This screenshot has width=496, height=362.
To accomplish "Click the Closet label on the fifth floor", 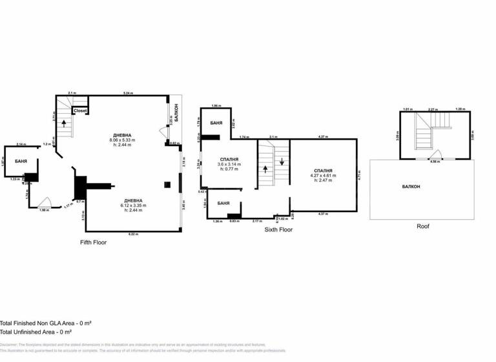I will (80, 111).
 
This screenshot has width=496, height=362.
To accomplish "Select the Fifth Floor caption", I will (93, 242).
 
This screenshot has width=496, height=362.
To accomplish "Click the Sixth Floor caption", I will (278, 229).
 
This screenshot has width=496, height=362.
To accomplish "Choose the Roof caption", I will (423, 226).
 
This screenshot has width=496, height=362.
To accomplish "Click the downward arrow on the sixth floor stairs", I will (282, 162).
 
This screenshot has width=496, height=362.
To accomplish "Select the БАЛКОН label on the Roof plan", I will (411, 187).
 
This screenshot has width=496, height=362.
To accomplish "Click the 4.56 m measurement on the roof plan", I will (437, 161).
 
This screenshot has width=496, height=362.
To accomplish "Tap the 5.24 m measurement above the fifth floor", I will (129, 94).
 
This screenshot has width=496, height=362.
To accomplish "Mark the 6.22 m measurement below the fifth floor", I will (132, 233).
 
